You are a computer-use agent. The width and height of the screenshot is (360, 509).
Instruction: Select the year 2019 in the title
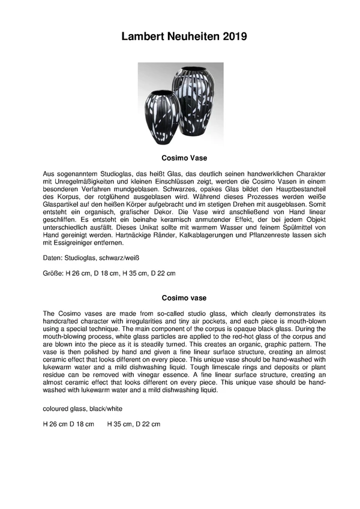click(x=230, y=37)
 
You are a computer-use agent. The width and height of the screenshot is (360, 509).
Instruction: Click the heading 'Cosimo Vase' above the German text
click(x=184, y=159)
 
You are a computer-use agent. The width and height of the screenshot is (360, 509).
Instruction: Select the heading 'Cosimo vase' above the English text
click(x=184, y=297)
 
